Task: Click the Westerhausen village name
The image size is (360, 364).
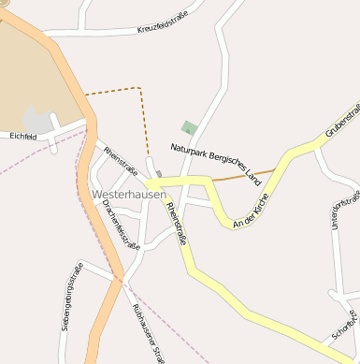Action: click(129, 194)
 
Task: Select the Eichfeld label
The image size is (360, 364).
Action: click(22, 137)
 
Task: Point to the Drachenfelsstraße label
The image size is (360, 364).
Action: click(121, 225)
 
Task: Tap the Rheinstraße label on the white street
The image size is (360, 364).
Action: click(121, 162)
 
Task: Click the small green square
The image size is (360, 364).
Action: click(190, 128)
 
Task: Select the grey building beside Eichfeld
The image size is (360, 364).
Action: click(38, 120)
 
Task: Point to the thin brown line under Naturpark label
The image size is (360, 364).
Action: click(243, 175)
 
